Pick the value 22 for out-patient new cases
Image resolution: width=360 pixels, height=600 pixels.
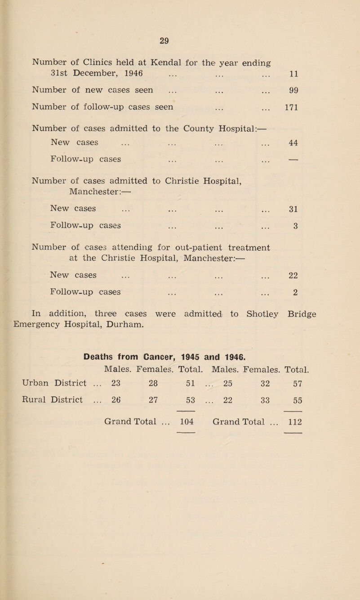(295, 275)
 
